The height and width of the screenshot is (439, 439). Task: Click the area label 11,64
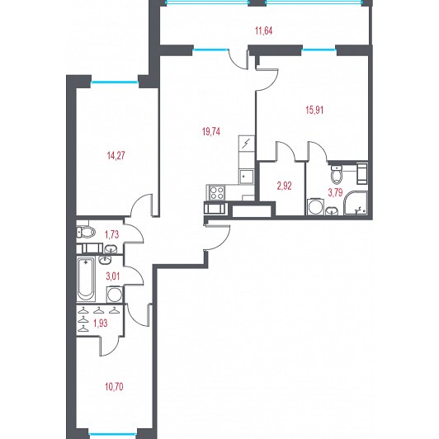coord(264,31)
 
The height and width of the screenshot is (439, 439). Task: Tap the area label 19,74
coord(210,131)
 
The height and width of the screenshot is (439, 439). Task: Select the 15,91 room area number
coord(314,110)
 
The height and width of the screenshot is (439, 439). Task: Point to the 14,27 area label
coord(116,155)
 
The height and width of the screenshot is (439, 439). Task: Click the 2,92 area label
coord(284,186)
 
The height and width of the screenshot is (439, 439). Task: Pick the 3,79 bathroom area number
coord(335,192)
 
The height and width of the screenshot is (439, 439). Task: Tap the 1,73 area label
coord(111,234)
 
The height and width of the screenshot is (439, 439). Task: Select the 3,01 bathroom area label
coord(113,276)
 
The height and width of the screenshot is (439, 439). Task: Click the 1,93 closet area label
coord(100,323)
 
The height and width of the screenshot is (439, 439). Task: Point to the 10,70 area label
coord(114,387)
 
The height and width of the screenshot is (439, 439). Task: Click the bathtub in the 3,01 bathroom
coord(86,280)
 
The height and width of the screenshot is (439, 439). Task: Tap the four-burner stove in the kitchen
coord(216,192)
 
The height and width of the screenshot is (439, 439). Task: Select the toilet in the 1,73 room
coord(86,232)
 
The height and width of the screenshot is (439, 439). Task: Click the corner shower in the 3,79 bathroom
coord(356,203)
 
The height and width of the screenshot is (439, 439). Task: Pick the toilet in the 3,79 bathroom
coord(336,174)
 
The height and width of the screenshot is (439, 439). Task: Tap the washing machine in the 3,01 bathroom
coord(115,295)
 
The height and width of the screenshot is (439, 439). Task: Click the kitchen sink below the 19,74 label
coord(246,177)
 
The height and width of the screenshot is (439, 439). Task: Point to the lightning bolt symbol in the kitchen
coord(246,144)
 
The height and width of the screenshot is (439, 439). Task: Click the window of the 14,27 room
coord(115,83)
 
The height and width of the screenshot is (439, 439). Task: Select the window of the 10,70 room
coord(113,435)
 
